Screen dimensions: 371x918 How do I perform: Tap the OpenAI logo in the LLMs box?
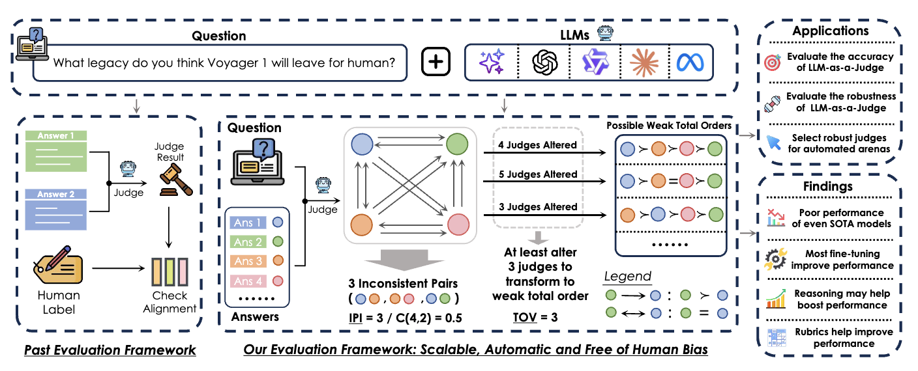click(544, 62)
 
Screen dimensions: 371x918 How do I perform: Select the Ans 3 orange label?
click(249, 261)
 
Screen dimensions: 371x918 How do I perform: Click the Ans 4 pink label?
click(249, 281)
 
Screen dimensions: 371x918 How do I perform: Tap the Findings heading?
click(827, 186)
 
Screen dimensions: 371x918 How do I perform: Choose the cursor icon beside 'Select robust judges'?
click(773, 143)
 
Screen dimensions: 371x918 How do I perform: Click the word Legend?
click(627, 276)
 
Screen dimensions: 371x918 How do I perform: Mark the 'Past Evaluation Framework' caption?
click(110, 350)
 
